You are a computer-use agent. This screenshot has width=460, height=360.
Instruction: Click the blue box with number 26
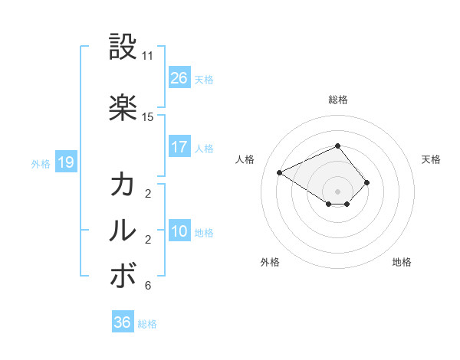(x=179, y=78)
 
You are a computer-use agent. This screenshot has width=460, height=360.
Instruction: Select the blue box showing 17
(x=179, y=147)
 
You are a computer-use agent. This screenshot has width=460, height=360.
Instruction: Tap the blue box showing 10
(x=179, y=231)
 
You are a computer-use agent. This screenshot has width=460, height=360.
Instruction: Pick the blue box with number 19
(x=65, y=162)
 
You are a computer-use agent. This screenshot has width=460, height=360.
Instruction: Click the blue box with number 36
(x=123, y=322)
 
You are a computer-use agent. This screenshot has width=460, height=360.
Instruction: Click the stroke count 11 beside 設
(x=148, y=56)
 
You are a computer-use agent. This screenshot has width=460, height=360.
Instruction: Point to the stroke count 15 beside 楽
(x=148, y=116)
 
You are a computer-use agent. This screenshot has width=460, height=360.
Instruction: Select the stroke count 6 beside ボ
(x=148, y=286)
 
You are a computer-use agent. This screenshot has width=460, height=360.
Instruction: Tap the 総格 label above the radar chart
(x=338, y=100)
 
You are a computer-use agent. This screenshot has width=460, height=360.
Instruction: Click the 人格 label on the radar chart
(x=245, y=159)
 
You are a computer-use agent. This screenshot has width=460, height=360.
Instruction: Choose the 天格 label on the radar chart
(x=431, y=159)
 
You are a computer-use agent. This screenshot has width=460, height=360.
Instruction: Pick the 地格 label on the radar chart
(x=402, y=262)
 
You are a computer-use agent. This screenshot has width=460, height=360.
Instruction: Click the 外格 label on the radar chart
(x=270, y=262)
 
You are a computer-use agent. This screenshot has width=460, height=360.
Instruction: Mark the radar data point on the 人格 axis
(x=280, y=172)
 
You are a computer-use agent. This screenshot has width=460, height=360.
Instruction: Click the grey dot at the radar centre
(x=338, y=191)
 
